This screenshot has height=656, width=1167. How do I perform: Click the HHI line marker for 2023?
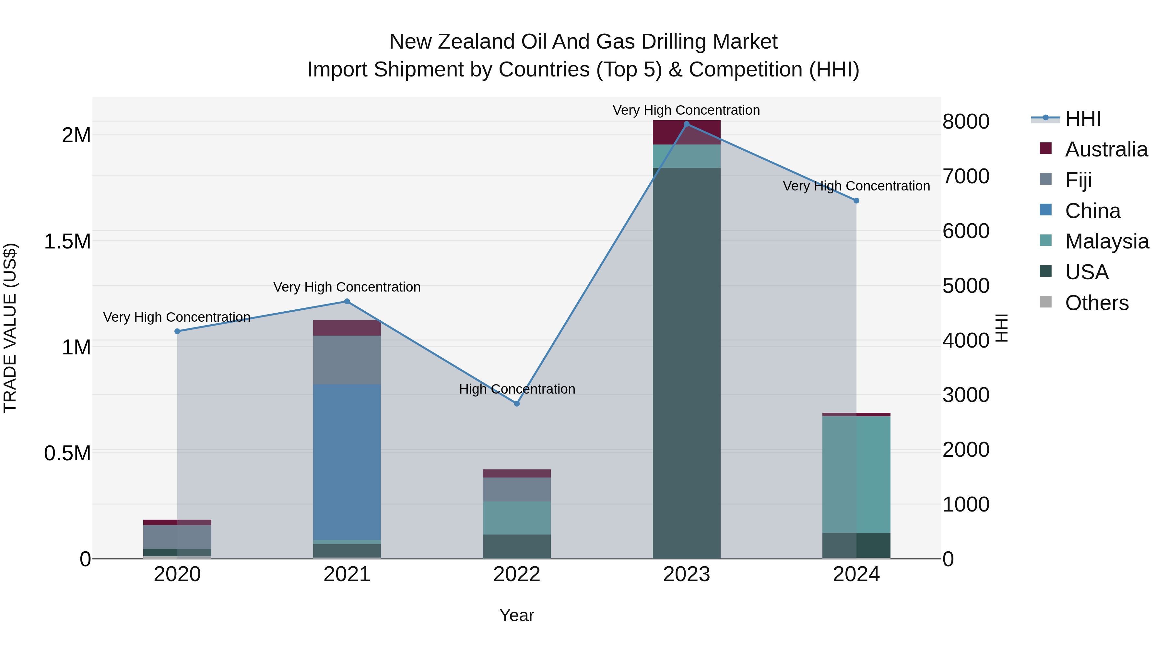(x=686, y=124)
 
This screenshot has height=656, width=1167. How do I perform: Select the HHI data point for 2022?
(x=516, y=403)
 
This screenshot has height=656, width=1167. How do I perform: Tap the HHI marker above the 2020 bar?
(x=177, y=331)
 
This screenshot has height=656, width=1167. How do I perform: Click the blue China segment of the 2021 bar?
(x=347, y=462)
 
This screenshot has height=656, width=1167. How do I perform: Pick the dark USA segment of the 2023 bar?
(x=686, y=362)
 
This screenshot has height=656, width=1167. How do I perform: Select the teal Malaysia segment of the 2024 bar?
(x=856, y=475)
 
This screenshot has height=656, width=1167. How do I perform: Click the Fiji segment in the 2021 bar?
(x=347, y=360)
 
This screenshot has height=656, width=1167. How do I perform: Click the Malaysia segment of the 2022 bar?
(x=516, y=518)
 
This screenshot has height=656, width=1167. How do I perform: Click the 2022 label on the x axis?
(x=516, y=574)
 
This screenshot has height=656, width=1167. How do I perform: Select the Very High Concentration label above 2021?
(x=347, y=287)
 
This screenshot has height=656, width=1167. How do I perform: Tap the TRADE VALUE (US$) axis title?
(x=10, y=328)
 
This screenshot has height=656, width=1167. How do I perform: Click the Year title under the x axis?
(x=516, y=615)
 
